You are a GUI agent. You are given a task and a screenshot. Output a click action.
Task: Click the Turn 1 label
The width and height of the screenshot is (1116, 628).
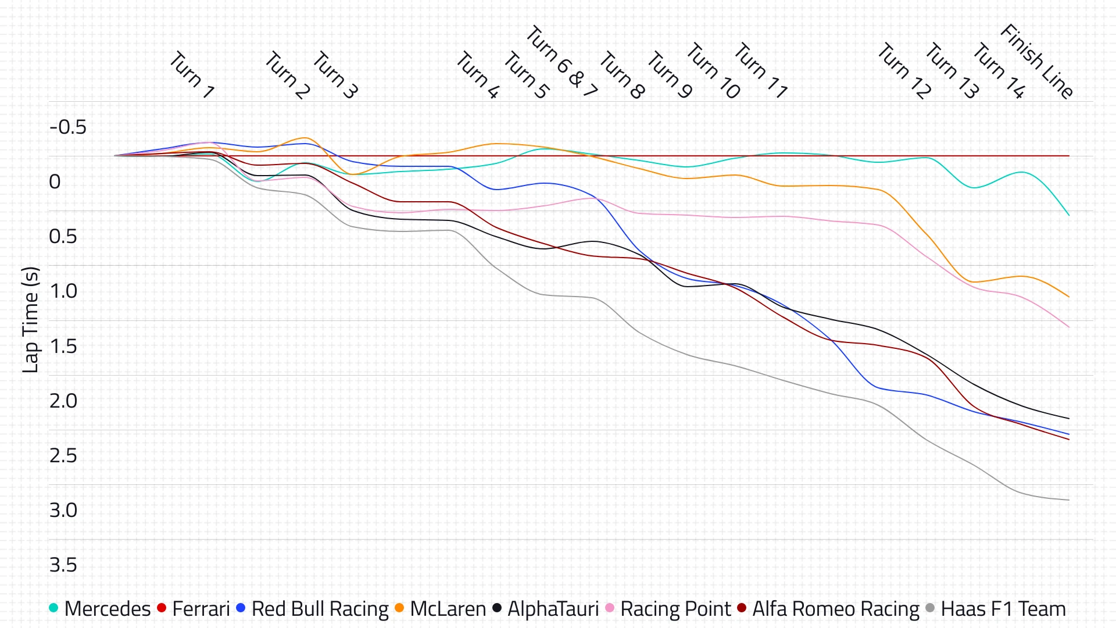click(x=192, y=75)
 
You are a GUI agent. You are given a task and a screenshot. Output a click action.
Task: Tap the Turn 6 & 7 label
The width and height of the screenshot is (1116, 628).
click(x=561, y=62)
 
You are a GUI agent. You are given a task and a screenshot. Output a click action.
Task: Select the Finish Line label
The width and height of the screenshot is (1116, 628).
click(x=1036, y=61)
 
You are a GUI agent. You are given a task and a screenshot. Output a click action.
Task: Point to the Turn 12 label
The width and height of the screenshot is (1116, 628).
click(x=904, y=71)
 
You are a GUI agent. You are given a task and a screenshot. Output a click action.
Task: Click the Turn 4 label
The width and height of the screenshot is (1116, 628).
click(x=477, y=75)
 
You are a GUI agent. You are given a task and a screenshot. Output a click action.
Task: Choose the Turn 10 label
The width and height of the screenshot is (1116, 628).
click(x=713, y=71)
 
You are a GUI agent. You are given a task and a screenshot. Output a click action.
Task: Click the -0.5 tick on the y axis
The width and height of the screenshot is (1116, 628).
click(x=68, y=127)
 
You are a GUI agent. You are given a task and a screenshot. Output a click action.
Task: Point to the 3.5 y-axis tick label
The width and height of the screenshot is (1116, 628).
click(x=63, y=565)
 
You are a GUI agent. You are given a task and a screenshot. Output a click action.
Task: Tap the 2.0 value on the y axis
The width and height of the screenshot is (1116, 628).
click(x=63, y=401)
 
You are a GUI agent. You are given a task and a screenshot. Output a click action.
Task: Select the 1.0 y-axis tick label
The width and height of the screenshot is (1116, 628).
click(x=63, y=291)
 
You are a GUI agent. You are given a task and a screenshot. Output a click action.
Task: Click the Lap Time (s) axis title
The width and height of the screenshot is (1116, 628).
click(x=30, y=320)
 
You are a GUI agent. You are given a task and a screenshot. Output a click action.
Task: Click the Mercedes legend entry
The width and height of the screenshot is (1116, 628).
click(x=100, y=609)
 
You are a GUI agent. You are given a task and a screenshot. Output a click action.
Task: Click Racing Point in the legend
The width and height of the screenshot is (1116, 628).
click(x=668, y=609)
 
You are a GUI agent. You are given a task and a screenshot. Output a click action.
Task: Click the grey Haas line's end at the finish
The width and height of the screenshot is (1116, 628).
click(x=1069, y=500)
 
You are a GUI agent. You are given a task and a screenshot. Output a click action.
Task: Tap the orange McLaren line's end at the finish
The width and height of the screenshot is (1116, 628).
click(x=1069, y=297)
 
